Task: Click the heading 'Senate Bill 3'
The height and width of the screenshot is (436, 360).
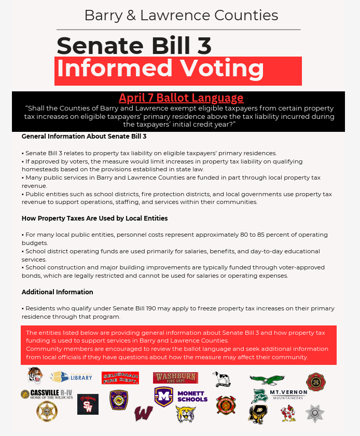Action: point(134,46)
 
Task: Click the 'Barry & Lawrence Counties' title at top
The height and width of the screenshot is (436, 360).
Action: point(181,15)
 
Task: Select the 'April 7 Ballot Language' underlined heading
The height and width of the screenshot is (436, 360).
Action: point(181,98)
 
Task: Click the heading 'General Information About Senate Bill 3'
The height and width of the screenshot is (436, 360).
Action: point(84,137)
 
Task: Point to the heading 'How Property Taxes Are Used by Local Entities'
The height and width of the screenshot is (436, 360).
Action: point(94,218)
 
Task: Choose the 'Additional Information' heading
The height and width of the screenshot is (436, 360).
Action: point(58,292)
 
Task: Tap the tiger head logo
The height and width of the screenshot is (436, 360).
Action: point(35,375)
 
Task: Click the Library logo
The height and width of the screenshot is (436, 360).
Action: point(72,377)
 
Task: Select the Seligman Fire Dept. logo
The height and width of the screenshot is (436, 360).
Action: point(120,378)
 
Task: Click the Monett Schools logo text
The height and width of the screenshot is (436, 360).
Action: point(192,397)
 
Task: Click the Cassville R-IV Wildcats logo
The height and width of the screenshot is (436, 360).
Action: point(48,394)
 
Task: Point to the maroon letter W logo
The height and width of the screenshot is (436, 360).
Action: point(144,414)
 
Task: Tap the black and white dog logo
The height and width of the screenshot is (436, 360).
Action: point(222,379)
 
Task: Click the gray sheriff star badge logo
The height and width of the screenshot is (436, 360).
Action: point(314,413)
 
